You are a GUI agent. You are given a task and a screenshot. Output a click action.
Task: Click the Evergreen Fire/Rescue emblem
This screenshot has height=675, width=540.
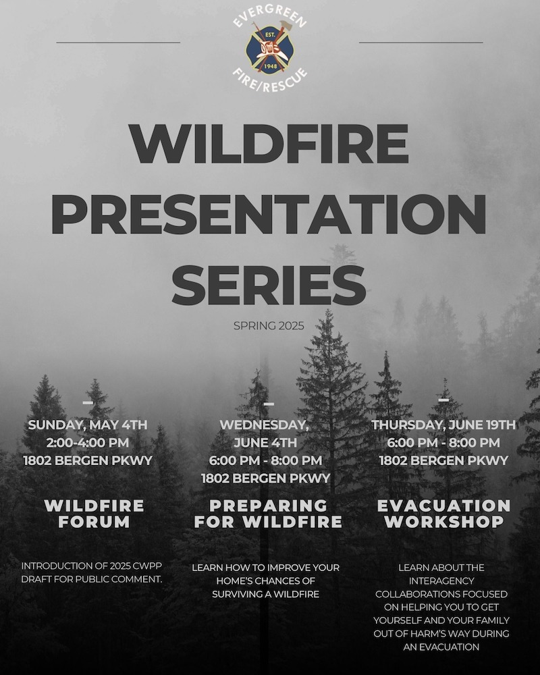pyautogui.click(x=270, y=47)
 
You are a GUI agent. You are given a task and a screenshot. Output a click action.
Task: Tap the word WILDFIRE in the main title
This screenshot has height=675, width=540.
pyautogui.click(x=269, y=144)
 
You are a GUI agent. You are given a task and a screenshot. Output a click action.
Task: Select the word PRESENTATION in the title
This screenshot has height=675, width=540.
pyautogui.click(x=269, y=214)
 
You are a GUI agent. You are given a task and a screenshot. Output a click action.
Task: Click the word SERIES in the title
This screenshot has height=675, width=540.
pyautogui.click(x=269, y=284)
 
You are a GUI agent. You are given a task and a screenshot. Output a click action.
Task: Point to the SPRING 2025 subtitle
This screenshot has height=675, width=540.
pyautogui.click(x=269, y=326)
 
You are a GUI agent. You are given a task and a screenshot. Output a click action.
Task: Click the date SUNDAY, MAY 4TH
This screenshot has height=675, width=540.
pyautogui.click(x=88, y=425)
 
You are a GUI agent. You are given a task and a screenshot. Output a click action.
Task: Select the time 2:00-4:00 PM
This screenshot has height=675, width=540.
pyautogui.click(x=88, y=443)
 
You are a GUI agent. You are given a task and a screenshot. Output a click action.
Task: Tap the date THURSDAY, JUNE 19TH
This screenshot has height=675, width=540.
pyautogui.click(x=443, y=425)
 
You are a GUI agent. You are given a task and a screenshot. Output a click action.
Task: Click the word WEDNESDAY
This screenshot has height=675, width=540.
pyautogui.click(x=264, y=425)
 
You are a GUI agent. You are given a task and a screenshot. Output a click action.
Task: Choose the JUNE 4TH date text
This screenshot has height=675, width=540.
pyautogui.click(x=265, y=443)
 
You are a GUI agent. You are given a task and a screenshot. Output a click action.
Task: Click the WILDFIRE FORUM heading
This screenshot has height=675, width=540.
pyautogui.click(x=94, y=514)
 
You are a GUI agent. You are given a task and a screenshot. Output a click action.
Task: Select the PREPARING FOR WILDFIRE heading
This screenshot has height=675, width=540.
pyautogui.click(x=268, y=514)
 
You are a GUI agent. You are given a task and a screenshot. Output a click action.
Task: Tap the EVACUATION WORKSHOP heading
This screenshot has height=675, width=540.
pyautogui.click(x=444, y=514)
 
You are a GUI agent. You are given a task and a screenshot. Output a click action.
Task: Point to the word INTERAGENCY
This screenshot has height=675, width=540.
pyautogui.click(x=441, y=580)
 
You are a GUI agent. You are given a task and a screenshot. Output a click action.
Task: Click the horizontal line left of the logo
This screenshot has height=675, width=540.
pyautogui.click(x=118, y=43)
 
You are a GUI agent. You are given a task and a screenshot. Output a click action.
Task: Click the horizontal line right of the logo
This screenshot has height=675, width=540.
pyautogui.click(x=421, y=43)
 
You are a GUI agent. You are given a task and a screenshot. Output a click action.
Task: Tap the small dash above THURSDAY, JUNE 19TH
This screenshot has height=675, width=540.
pyautogui.click(x=443, y=400)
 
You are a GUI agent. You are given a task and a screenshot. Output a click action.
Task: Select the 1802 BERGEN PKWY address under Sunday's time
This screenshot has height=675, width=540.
pyautogui.click(x=88, y=460)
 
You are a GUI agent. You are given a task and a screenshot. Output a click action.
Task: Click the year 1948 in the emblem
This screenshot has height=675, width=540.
pyautogui.click(x=270, y=66)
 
